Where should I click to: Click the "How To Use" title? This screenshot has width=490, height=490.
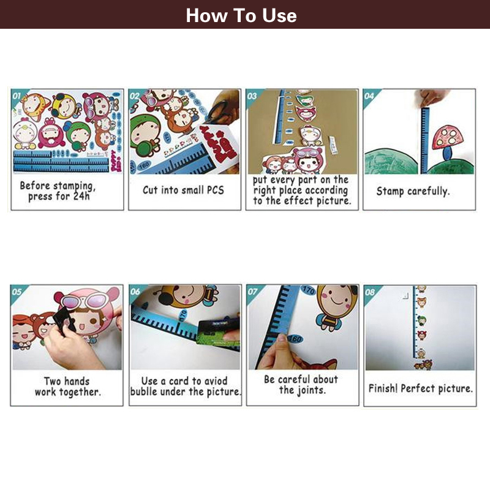(x=241, y=15)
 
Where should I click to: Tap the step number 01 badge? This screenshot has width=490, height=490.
(x=17, y=96)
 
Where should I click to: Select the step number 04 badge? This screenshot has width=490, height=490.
(x=369, y=96)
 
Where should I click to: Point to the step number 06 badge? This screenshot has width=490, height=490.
(x=135, y=292)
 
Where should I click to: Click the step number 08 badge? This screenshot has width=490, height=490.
(x=370, y=292)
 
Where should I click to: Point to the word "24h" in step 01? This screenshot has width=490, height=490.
(x=81, y=196)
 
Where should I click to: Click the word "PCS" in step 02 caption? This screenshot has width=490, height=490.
(x=216, y=190)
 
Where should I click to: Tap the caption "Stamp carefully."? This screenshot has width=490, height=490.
(x=413, y=191)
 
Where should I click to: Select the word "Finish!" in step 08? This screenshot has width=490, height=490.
(x=383, y=388)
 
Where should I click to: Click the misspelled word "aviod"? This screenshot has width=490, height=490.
(x=215, y=381)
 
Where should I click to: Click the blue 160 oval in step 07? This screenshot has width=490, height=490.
(x=295, y=339)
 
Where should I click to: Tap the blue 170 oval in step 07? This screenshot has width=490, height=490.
(x=308, y=290)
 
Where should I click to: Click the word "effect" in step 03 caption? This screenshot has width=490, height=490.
(x=299, y=201)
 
